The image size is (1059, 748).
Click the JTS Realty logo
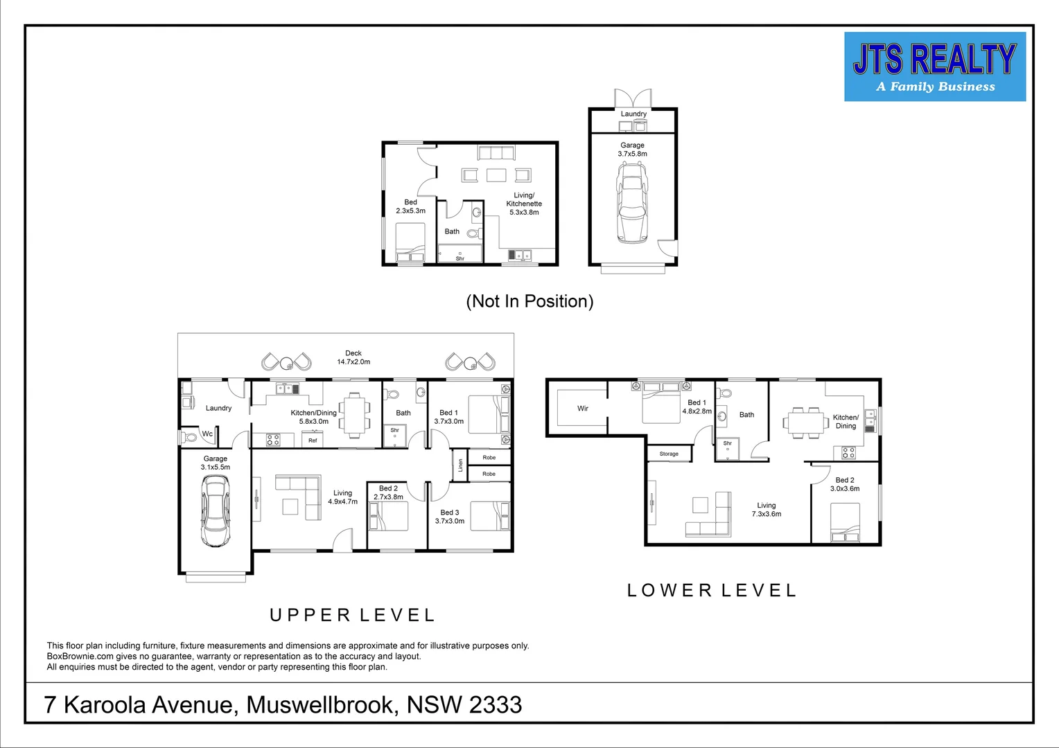click(x=934, y=67)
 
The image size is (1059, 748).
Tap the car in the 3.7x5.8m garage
click(x=631, y=202)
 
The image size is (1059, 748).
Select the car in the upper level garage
click(x=215, y=511)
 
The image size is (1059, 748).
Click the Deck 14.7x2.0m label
click(x=353, y=357)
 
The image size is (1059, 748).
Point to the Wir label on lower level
click(x=583, y=409)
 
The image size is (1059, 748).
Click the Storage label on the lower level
click(x=669, y=454)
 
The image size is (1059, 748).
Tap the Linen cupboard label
click(x=460, y=466)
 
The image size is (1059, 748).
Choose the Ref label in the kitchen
click(x=313, y=440)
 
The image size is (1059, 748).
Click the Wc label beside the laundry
click(x=207, y=434)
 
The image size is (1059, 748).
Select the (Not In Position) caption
click(x=529, y=301)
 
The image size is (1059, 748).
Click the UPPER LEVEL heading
click(x=352, y=615)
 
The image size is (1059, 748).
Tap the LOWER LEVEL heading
click(x=712, y=591)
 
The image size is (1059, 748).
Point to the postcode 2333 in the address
click(x=495, y=705)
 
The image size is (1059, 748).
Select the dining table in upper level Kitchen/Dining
click(x=354, y=415)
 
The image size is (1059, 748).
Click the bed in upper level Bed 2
click(x=389, y=516)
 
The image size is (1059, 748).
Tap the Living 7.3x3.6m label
click(x=766, y=510)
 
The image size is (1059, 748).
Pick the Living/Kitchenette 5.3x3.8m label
click(x=524, y=204)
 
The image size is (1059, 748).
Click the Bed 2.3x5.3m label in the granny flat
click(x=410, y=206)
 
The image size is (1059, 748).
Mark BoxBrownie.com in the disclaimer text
click(x=80, y=656)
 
